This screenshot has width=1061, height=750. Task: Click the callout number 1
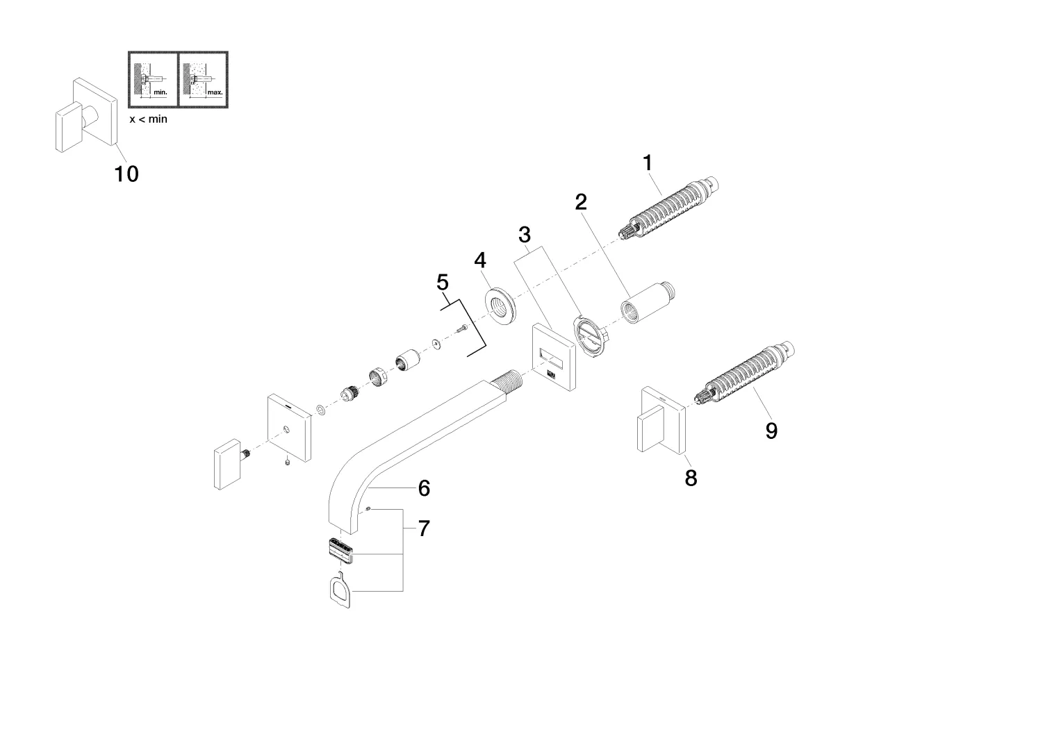point(648,163)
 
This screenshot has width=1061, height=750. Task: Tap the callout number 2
point(581,202)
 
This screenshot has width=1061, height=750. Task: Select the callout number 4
point(480,260)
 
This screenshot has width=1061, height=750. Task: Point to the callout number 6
point(424,488)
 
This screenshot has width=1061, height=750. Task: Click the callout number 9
point(771,431)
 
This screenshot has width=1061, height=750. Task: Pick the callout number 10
point(126,174)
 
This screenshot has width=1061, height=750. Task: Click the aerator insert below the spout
point(340,552)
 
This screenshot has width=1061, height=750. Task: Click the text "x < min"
point(149,119)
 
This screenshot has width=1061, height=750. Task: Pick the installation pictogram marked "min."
point(153,79)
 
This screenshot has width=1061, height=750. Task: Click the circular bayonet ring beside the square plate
point(591,336)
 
